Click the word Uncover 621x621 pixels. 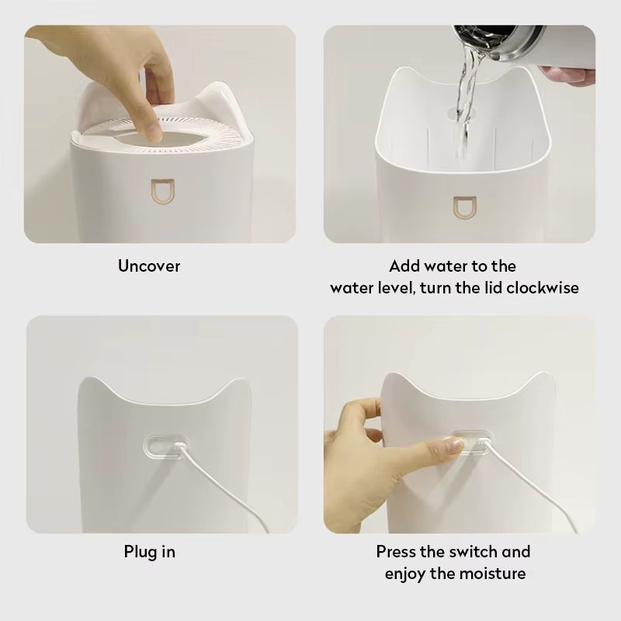pos(149,266)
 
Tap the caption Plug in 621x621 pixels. pos(150,552)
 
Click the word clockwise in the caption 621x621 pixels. pos(543,288)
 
